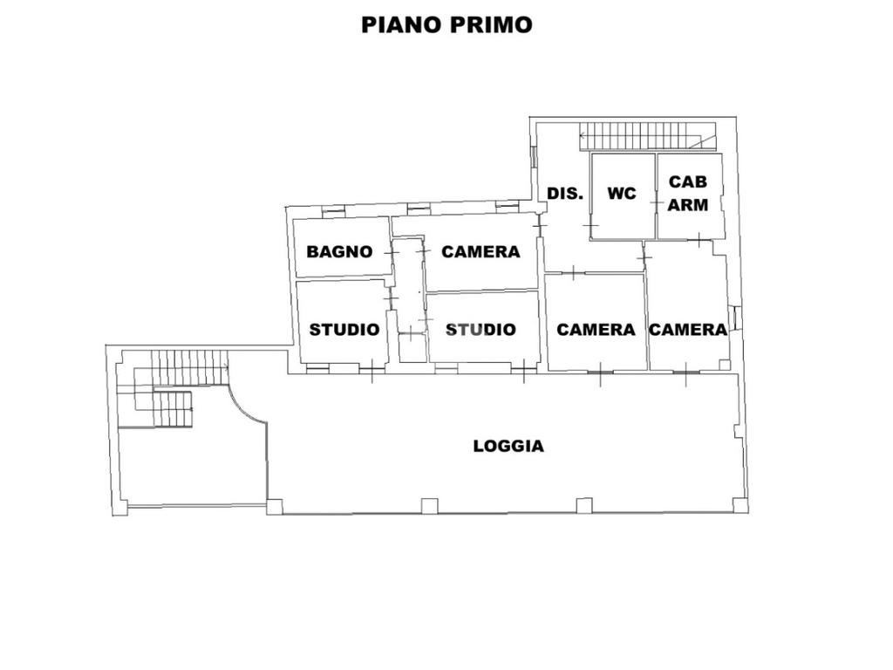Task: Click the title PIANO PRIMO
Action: pyautogui.click(x=446, y=24)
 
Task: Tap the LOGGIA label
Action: pyautogui.click(x=508, y=446)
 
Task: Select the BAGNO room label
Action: pyautogui.click(x=339, y=252)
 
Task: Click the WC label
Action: pyautogui.click(x=622, y=194)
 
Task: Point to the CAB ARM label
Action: pyautogui.click(x=688, y=194)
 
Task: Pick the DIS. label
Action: pyautogui.click(x=564, y=194)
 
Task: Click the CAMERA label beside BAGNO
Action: pyautogui.click(x=481, y=252)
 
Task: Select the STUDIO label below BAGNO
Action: pyautogui.click(x=344, y=330)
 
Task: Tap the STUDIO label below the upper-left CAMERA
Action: pyautogui.click(x=481, y=330)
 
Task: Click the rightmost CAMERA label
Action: pyautogui.click(x=688, y=330)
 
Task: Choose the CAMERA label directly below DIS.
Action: pyautogui.click(x=596, y=330)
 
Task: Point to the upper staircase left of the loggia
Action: pyautogui.click(x=184, y=366)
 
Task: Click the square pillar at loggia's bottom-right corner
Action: pyautogui.click(x=740, y=504)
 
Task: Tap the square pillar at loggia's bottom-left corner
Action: pyautogui.click(x=275, y=505)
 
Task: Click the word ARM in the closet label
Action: pyautogui.click(x=688, y=205)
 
